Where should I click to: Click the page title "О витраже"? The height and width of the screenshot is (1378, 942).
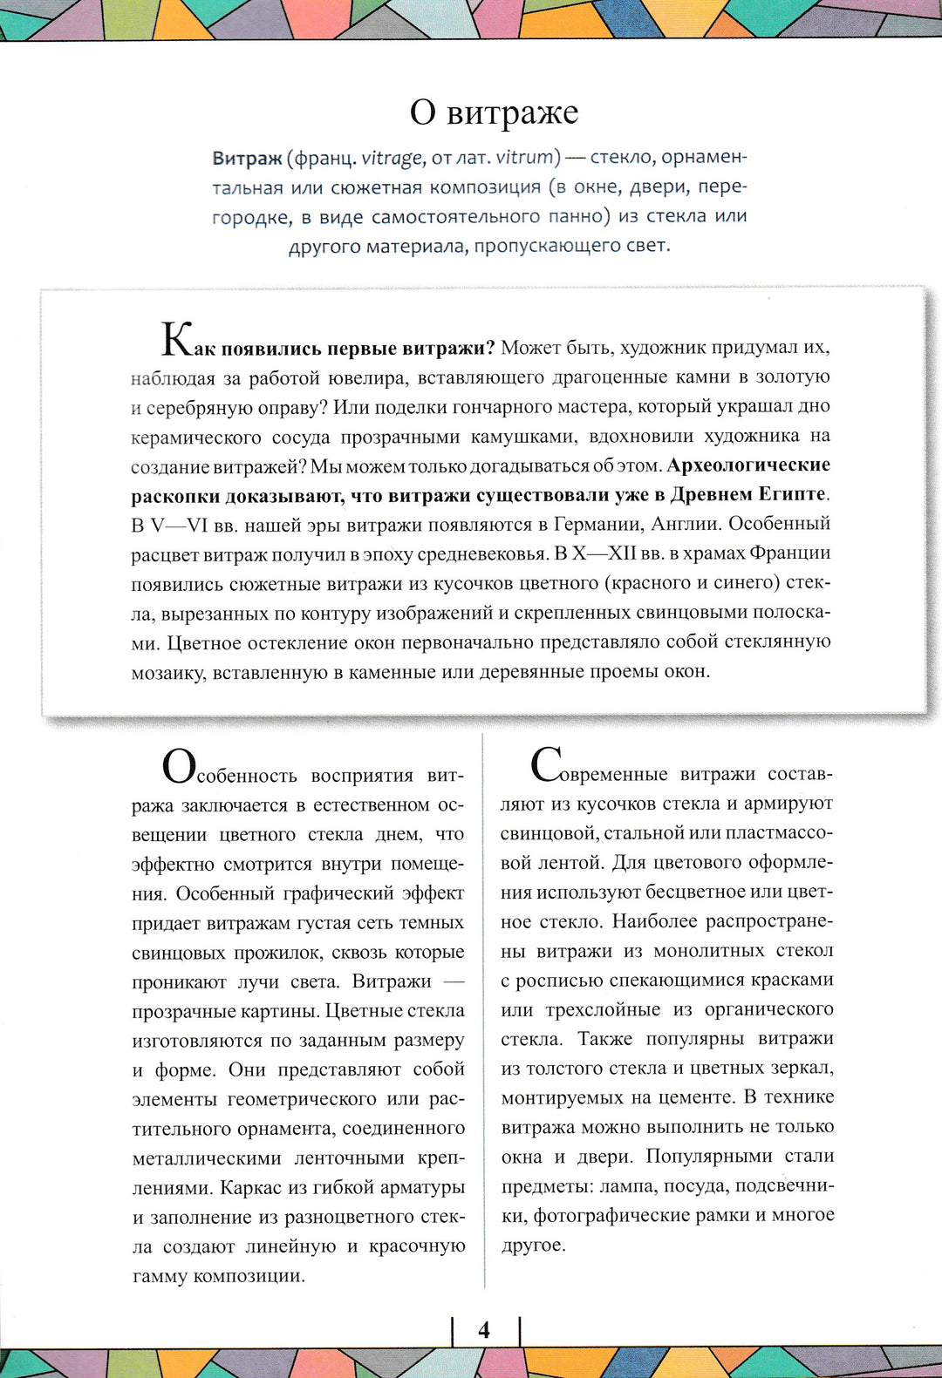494,112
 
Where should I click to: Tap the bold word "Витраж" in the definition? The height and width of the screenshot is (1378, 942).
247,159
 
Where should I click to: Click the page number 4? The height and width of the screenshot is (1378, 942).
484,1330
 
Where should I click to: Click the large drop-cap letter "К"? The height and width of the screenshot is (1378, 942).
176,340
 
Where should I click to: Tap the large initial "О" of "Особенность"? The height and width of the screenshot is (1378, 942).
179,767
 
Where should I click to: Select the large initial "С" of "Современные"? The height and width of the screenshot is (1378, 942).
547,766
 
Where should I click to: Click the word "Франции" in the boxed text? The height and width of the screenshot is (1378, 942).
790,553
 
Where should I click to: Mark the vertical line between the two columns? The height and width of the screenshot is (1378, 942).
483,1011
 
